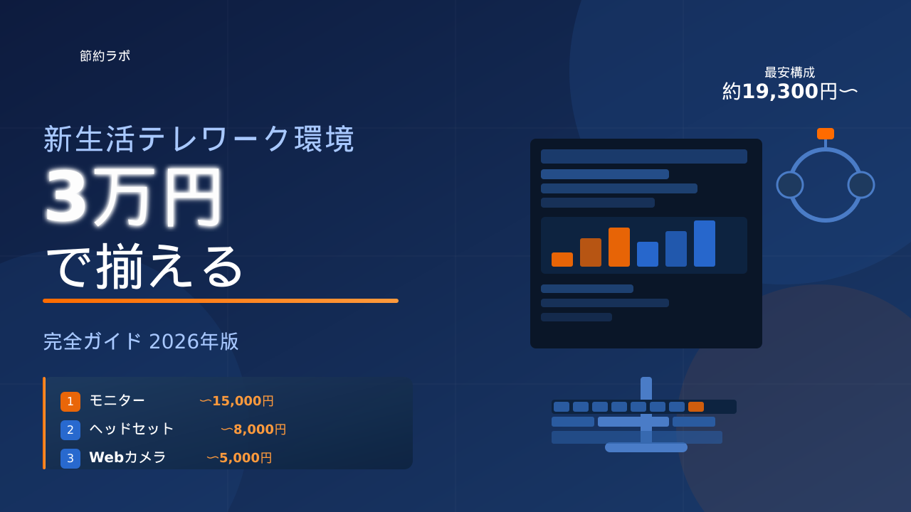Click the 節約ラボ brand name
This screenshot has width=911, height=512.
pyautogui.click(x=105, y=55)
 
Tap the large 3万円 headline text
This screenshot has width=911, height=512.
pyautogui.click(x=133, y=197)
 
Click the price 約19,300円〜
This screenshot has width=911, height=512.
pyautogui.click(x=790, y=91)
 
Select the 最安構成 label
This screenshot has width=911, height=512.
pyautogui.click(x=790, y=73)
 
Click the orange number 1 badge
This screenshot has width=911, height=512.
pyautogui.click(x=70, y=402)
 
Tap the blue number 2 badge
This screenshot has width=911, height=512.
pyautogui.click(x=70, y=430)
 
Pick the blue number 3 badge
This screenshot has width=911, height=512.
pyautogui.click(x=70, y=459)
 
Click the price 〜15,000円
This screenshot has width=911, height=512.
pyautogui.click(x=236, y=401)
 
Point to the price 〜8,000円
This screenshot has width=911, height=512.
pyautogui.click(x=253, y=430)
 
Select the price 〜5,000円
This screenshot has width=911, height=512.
pyautogui.click(x=239, y=458)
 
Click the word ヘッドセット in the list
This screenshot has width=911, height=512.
pyautogui.click(x=132, y=429)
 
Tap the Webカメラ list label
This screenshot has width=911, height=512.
pyautogui.click(x=127, y=457)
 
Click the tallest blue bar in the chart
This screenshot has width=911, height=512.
pyautogui.click(x=705, y=243)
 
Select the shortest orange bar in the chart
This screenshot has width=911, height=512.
pyautogui.click(x=562, y=260)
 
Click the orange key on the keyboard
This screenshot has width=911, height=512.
pyautogui.click(x=696, y=407)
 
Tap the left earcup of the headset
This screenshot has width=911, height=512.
pyautogui.click(x=790, y=185)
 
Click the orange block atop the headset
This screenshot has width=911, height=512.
pyautogui.click(x=826, y=134)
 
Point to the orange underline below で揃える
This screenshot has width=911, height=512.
pyautogui.click(x=221, y=301)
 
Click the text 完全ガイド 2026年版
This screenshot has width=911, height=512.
pyautogui.click(x=141, y=341)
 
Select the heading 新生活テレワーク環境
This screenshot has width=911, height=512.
pyautogui.click(x=199, y=139)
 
